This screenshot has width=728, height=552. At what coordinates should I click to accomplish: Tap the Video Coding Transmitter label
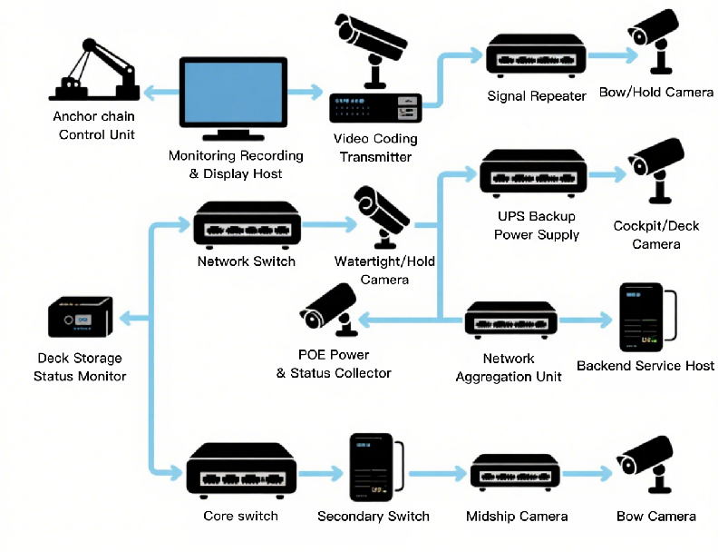(375, 147)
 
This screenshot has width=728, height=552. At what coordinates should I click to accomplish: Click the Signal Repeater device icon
(536, 55)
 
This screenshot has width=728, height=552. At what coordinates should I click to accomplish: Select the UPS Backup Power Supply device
(530, 172)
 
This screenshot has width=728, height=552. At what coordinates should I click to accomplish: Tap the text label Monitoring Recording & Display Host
(236, 164)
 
